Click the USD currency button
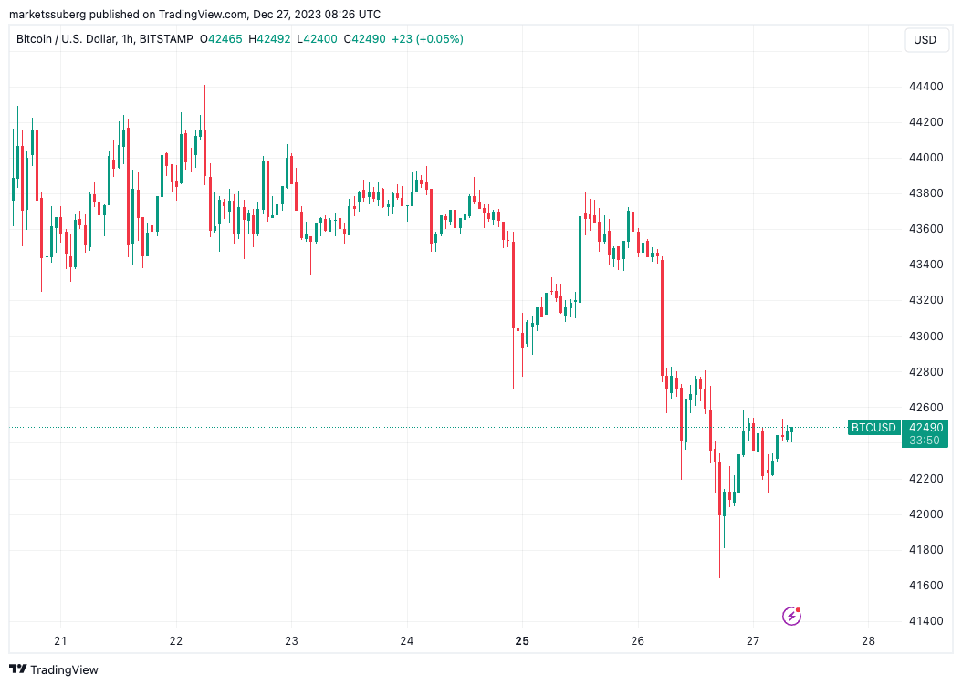click(925, 39)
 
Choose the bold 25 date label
click(522, 641)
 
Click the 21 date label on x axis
click(60, 641)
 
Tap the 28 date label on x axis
click(868, 641)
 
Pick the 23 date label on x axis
click(291, 641)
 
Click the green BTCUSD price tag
click(873, 427)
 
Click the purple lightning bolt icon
click(792, 617)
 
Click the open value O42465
click(223, 39)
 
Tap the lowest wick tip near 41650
click(720, 577)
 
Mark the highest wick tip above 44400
click(204, 86)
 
